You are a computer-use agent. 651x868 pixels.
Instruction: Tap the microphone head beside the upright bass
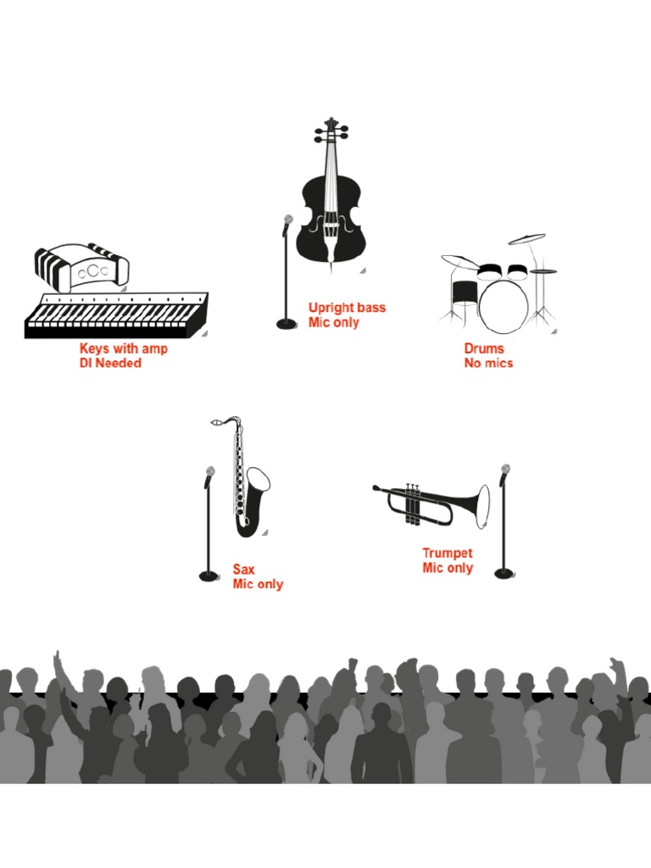click(288, 220)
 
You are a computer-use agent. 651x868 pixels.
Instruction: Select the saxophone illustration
click(248, 483)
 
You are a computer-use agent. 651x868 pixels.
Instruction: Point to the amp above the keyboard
click(82, 267)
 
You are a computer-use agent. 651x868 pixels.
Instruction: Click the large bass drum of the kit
click(504, 305)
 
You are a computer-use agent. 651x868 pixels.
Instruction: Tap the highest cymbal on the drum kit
click(527, 239)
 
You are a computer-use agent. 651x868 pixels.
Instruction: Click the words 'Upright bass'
click(347, 308)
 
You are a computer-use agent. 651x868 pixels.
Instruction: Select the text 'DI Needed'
click(110, 364)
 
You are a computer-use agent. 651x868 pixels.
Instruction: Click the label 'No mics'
click(488, 364)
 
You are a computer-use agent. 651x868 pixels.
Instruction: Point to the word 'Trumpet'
click(448, 554)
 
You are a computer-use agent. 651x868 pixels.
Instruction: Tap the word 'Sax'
click(244, 570)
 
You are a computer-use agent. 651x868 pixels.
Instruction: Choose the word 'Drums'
click(484, 348)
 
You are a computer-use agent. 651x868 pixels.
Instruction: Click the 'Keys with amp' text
click(124, 348)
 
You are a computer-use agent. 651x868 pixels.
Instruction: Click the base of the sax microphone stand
click(209, 576)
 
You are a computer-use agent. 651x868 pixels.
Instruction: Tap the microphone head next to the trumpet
click(506, 470)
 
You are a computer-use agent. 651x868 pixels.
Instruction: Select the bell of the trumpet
click(481, 506)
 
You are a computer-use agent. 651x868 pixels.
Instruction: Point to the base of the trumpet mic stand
click(504, 574)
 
